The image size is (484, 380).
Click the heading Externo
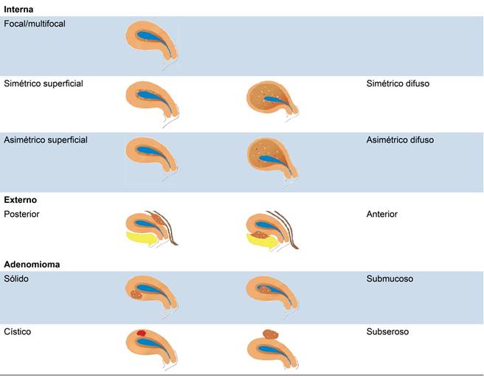(21, 199)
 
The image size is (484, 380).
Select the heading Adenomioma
(31, 263)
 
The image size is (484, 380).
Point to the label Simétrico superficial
(44, 83)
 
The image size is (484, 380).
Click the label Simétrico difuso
(398, 83)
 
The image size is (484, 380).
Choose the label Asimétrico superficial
(46, 139)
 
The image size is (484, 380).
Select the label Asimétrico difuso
(400, 139)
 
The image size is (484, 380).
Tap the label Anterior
(382, 214)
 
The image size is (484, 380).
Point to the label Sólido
(16, 280)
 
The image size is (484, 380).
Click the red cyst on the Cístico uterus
(141, 334)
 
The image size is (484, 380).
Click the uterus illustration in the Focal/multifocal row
(151, 41)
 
